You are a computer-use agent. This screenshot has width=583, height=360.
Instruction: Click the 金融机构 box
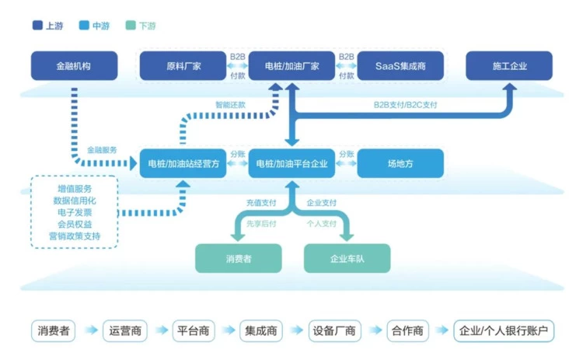point(74,66)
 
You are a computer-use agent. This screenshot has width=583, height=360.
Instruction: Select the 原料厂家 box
point(183,66)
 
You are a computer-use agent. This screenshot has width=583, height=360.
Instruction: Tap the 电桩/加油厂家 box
point(291,66)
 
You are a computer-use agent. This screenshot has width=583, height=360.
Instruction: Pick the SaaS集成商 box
point(400,66)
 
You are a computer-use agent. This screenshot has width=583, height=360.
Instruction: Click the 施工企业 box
point(509,66)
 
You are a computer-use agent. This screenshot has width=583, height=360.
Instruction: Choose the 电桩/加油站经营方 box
point(183,164)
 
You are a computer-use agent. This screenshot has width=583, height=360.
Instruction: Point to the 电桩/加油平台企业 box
point(291,164)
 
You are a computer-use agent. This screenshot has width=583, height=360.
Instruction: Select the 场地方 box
point(400,164)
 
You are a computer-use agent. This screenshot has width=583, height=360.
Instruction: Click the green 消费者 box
point(238,258)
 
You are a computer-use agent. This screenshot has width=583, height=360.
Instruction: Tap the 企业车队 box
point(347,258)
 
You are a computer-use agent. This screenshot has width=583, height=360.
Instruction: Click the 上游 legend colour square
point(37,26)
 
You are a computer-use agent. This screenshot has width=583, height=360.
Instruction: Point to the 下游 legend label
point(147,26)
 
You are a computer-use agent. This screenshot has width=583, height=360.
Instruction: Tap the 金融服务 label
point(102,149)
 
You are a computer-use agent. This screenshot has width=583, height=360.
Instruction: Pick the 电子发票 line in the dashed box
point(74,212)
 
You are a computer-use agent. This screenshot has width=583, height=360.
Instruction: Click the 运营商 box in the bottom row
point(124,330)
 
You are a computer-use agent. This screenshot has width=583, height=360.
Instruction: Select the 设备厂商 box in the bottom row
point(334,330)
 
